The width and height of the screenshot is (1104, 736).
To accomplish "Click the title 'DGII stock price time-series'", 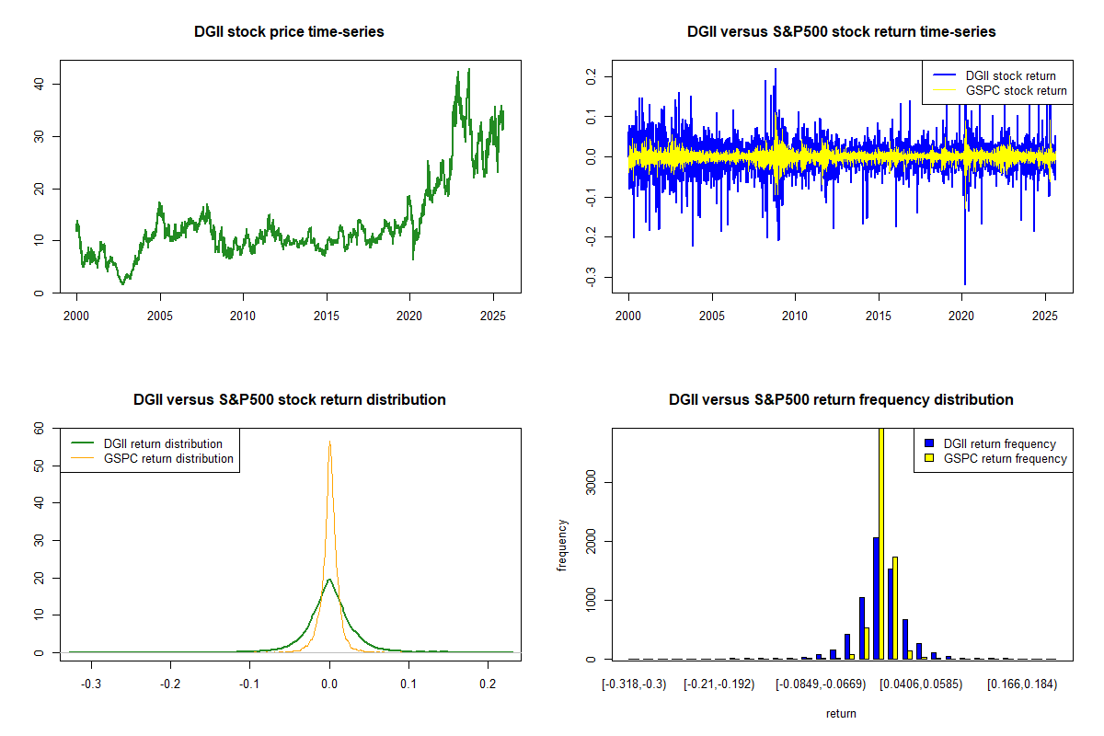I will tap(289, 32).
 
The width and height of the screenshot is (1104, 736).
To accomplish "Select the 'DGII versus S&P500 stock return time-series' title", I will tap(841, 32).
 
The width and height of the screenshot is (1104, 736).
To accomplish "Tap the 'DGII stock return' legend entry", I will tap(1009, 75).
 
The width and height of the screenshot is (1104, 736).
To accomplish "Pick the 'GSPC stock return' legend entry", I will tap(1016, 90).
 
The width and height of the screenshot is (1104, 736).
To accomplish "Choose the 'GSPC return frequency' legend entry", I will tap(1005, 458).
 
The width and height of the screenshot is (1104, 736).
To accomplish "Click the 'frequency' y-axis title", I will tap(562, 546).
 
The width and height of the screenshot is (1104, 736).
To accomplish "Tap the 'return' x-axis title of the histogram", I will tap(841, 713).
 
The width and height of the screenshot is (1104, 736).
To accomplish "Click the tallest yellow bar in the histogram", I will tap(881, 543).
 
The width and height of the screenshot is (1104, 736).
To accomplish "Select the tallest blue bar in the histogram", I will tap(876, 598).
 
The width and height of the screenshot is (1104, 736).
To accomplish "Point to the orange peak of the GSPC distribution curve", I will tap(329, 442).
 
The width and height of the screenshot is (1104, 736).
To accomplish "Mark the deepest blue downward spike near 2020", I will tap(964, 283).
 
